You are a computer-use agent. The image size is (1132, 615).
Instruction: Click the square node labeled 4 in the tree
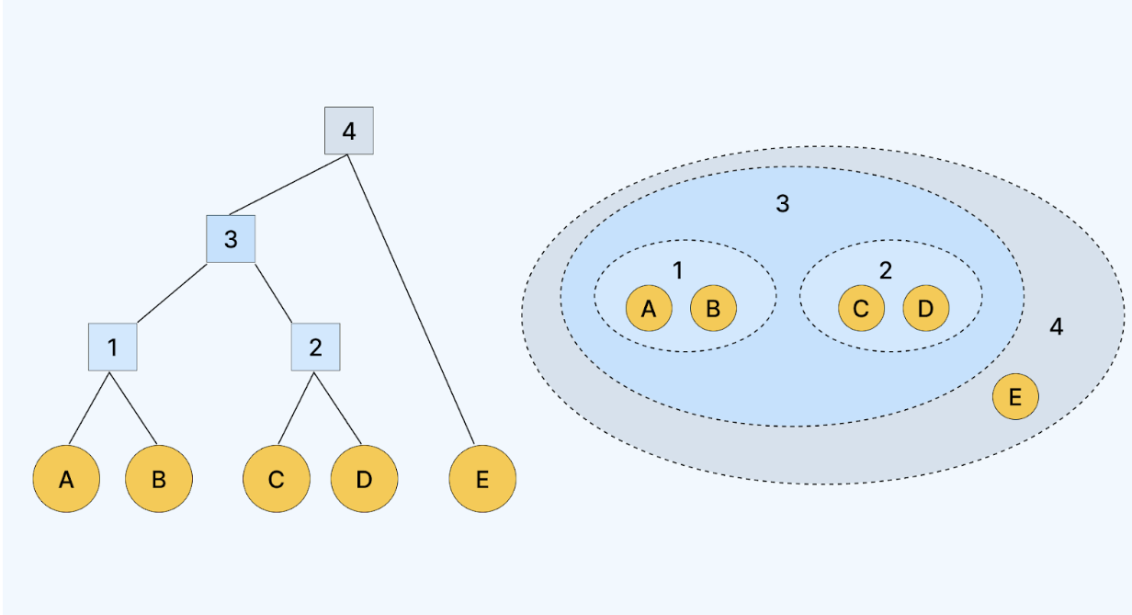(x=349, y=131)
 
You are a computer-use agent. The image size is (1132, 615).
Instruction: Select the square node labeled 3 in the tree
(x=231, y=239)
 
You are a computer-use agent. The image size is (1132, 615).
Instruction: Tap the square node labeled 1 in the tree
(x=112, y=347)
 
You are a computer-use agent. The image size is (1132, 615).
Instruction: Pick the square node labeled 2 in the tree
(x=316, y=347)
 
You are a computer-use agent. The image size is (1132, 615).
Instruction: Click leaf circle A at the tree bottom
(x=66, y=479)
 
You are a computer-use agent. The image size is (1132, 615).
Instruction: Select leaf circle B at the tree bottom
(x=159, y=479)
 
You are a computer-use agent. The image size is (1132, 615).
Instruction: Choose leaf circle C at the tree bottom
(x=276, y=479)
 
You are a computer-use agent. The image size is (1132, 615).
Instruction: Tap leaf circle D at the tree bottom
(x=365, y=479)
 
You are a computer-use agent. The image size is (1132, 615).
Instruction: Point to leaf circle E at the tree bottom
(x=483, y=479)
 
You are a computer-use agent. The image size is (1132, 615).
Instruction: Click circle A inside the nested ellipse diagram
(x=650, y=309)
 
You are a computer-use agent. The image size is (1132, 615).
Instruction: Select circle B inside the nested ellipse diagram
(x=713, y=309)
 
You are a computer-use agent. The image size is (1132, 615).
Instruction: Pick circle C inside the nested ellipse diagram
(x=861, y=309)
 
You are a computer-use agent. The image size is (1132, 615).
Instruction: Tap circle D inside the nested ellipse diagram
(x=925, y=309)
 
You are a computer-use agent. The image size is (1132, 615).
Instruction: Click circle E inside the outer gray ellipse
(x=1015, y=397)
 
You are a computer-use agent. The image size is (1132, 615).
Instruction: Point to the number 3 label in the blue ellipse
(x=783, y=204)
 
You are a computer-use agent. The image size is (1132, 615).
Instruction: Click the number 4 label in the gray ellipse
(x=1057, y=326)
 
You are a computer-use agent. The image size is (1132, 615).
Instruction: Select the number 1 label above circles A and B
(x=678, y=270)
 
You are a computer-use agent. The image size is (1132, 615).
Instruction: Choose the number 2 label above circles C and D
(x=886, y=270)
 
